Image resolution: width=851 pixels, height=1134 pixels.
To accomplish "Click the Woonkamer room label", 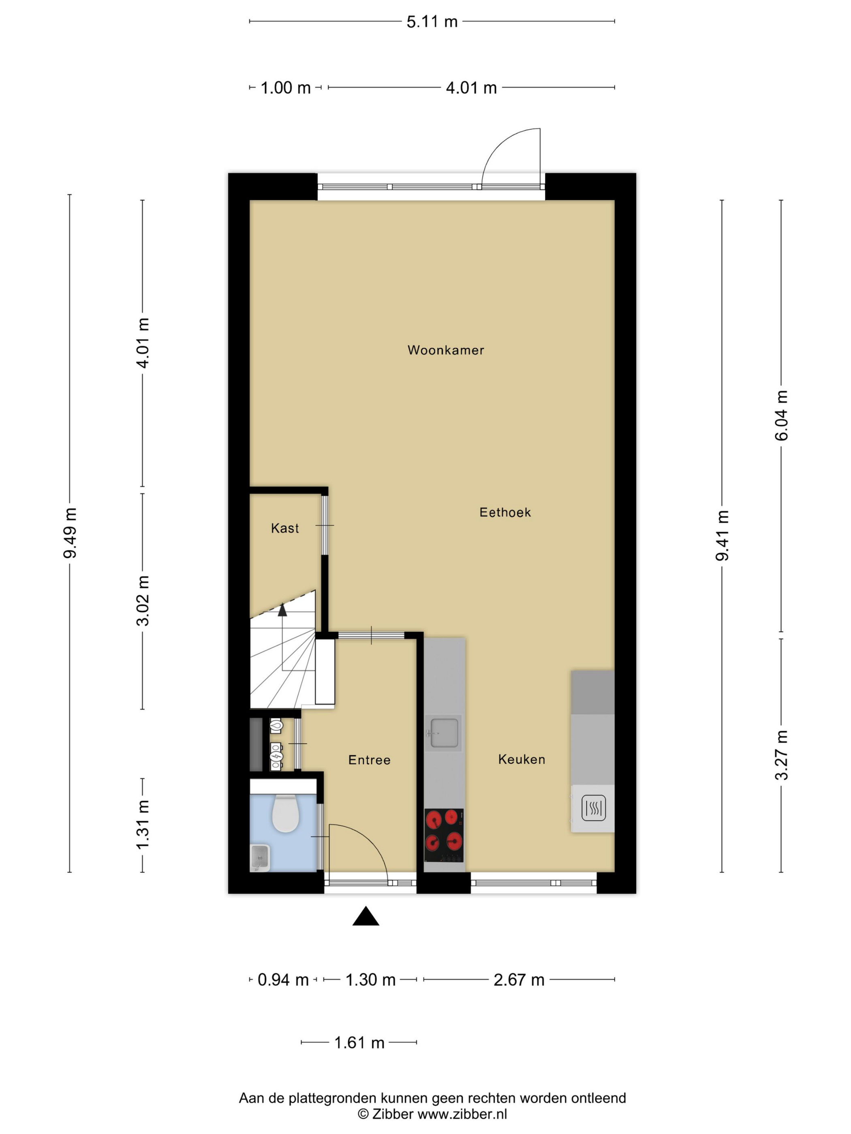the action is coord(445,350).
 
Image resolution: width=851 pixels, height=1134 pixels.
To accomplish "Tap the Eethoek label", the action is coord(505,512).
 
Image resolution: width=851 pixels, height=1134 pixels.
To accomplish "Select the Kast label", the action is coord(285,528).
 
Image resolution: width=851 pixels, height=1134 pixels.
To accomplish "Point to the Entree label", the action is coord(369,760).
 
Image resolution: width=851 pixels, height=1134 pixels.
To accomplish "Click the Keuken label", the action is coord(521,759).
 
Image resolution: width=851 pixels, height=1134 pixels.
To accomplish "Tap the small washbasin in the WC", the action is coord(260,858).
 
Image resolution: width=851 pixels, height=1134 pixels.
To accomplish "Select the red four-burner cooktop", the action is coord(444,835).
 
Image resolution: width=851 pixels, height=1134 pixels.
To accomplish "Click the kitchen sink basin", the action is coord(444,733).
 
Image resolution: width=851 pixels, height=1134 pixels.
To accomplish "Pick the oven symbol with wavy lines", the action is coord(594,808).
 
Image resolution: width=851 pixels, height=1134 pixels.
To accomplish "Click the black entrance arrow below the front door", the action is coord(366,916).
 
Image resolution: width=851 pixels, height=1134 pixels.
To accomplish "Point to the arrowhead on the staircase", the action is coord(282,609).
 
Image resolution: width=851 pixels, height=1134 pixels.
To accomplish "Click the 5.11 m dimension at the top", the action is coord(432,21).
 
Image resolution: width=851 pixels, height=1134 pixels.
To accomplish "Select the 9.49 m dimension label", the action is coord(70,533).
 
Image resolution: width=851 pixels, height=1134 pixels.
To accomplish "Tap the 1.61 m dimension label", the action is coord(359,1043).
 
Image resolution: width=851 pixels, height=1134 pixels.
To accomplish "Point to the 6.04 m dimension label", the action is coord(781,415).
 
